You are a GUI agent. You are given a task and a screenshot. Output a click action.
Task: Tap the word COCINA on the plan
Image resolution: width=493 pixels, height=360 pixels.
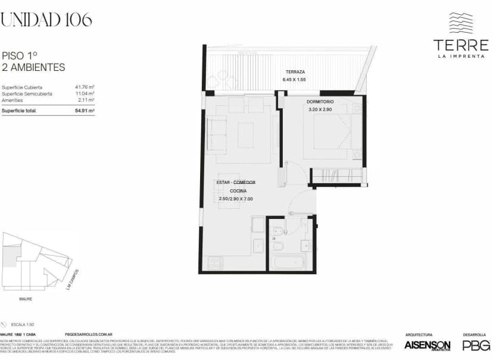238,190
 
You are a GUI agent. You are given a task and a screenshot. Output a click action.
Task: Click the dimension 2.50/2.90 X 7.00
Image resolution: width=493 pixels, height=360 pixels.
236,199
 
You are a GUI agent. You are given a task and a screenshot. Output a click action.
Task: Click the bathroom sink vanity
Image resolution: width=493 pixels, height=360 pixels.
305,245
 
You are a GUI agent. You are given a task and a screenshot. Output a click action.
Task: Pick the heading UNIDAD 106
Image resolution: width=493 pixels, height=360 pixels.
46,20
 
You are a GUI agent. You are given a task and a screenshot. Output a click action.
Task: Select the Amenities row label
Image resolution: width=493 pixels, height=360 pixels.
13,100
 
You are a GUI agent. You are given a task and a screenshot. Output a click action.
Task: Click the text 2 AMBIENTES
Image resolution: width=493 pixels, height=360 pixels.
34,68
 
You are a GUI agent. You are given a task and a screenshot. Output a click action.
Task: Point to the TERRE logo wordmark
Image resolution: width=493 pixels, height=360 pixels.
460,45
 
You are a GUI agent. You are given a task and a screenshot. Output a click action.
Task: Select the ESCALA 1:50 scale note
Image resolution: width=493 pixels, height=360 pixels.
24,324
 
